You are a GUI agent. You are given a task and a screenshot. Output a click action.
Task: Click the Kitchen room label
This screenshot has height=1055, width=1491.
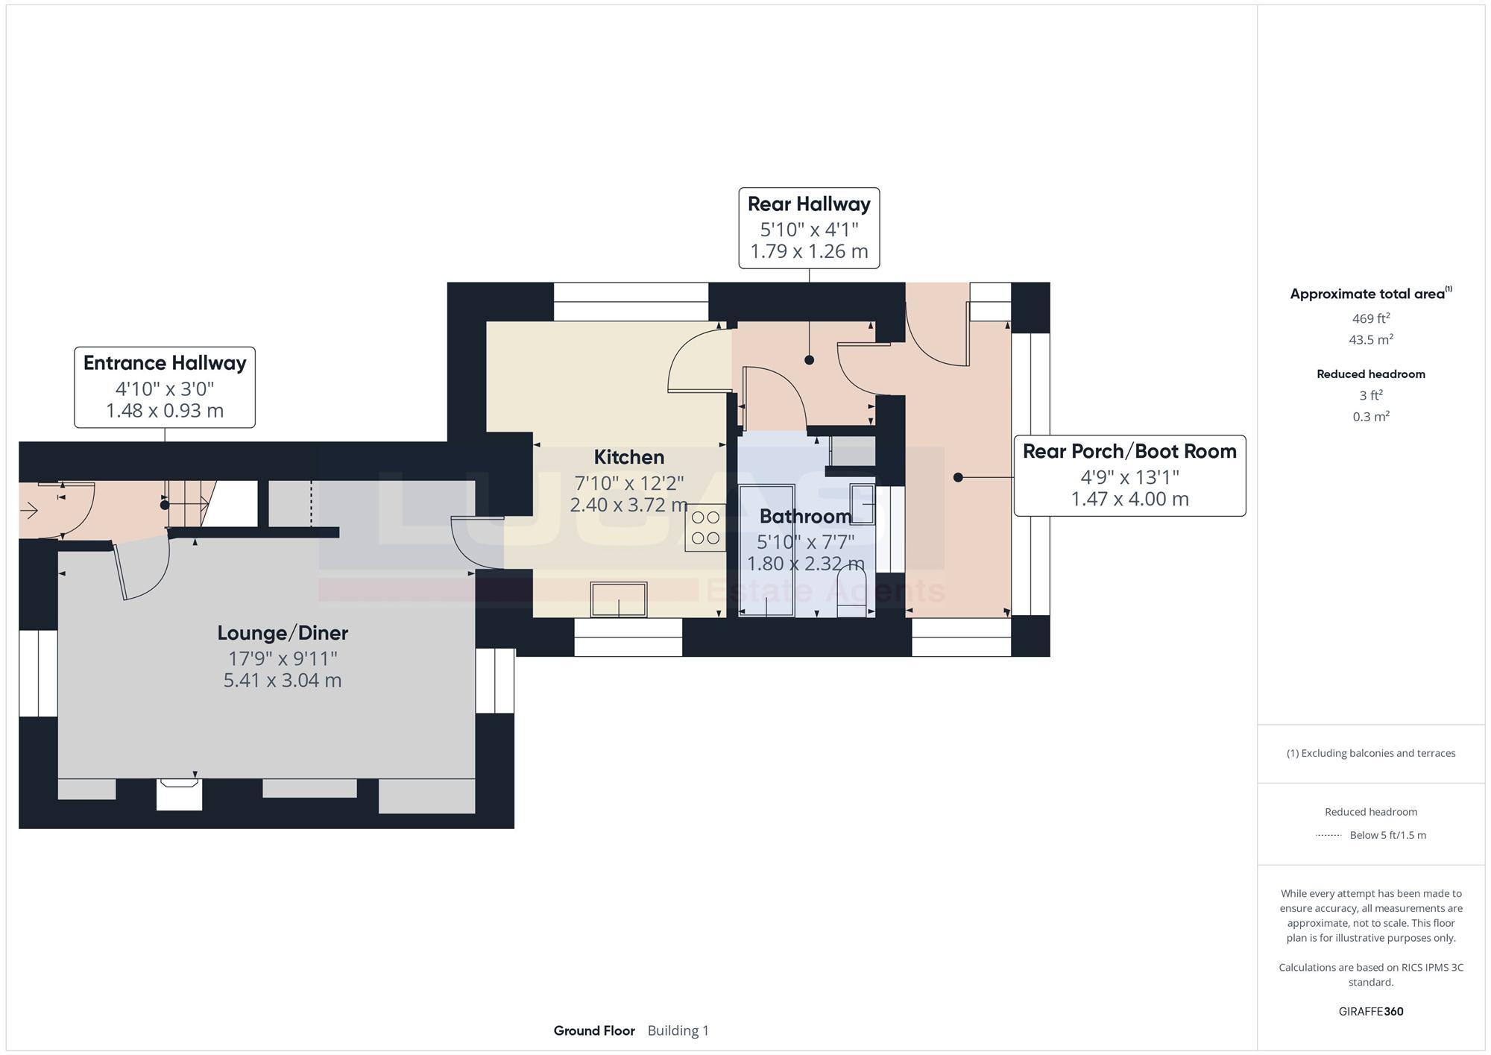point(628,457)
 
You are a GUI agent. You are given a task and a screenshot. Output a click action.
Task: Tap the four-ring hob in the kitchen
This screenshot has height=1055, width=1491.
point(705,527)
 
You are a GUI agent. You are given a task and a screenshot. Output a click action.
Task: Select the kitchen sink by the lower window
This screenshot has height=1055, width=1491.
point(618,599)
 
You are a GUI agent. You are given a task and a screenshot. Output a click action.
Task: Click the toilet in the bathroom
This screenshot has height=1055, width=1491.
point(851,593)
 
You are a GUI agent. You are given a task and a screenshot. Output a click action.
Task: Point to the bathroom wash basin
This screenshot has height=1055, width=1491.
point(863,505)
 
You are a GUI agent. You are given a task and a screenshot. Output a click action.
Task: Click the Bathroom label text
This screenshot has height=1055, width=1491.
point(805,516)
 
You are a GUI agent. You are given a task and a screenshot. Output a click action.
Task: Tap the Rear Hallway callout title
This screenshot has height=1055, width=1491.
point(809,204)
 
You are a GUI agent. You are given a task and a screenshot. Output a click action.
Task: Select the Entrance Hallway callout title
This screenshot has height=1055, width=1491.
point(165,363)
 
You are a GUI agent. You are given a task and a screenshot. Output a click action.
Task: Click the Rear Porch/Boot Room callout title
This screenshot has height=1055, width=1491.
point(1129,451)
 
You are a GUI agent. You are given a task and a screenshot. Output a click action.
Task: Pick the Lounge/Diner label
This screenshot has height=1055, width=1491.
point(283,633)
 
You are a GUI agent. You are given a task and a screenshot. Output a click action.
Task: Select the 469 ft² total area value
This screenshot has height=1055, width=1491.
point(1370,318)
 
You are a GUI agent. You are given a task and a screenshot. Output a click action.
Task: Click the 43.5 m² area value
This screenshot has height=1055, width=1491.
point(1370,340)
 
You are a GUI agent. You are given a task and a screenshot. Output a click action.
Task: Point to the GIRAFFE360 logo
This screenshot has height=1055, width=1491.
point(1370,1012)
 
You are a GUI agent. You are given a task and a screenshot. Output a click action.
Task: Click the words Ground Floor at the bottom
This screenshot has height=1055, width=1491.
point(594,1030)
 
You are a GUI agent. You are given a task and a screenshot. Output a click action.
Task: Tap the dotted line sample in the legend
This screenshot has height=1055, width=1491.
point(1328,835)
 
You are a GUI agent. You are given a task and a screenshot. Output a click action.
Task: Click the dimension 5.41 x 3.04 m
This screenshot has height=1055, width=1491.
point(283,680)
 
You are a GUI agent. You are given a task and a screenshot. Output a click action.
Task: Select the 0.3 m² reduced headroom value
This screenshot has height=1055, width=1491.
point(1370,417)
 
